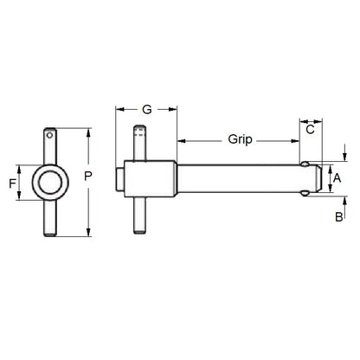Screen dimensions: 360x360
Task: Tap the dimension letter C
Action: [310, 130]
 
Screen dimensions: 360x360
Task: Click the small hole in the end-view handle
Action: [51, 136]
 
